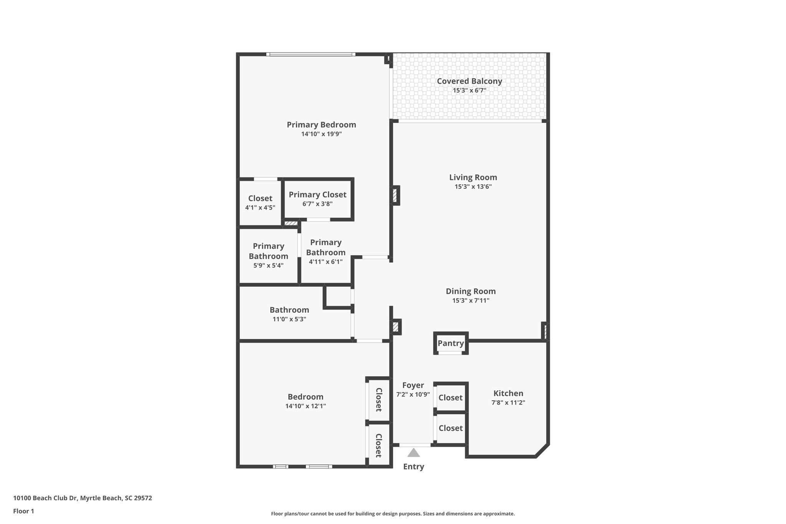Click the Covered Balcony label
pos(469,81)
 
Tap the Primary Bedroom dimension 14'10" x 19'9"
pos(322,134)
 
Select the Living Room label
pos(473,177)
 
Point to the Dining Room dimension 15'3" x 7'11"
pos(471,301)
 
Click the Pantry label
pos(451,343)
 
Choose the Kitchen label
pos(508,393)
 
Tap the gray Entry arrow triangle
pos(413,453)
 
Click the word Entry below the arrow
pos(413,467)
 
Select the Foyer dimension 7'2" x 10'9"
pos(413,394)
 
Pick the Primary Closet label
pos(318,195)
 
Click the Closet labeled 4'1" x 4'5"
pos(260,198)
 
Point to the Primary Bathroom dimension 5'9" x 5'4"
pos(269,265)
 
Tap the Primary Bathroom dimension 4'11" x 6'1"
pos(326,262)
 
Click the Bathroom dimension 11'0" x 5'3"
pos(289,319)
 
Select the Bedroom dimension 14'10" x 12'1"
pos(306,406)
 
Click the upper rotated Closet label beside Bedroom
pos(378,400)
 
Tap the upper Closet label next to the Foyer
pos(451,398)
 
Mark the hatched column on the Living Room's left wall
pos(395,195)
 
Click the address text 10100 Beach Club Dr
pos(46,498)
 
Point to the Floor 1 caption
pos(24,511)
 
